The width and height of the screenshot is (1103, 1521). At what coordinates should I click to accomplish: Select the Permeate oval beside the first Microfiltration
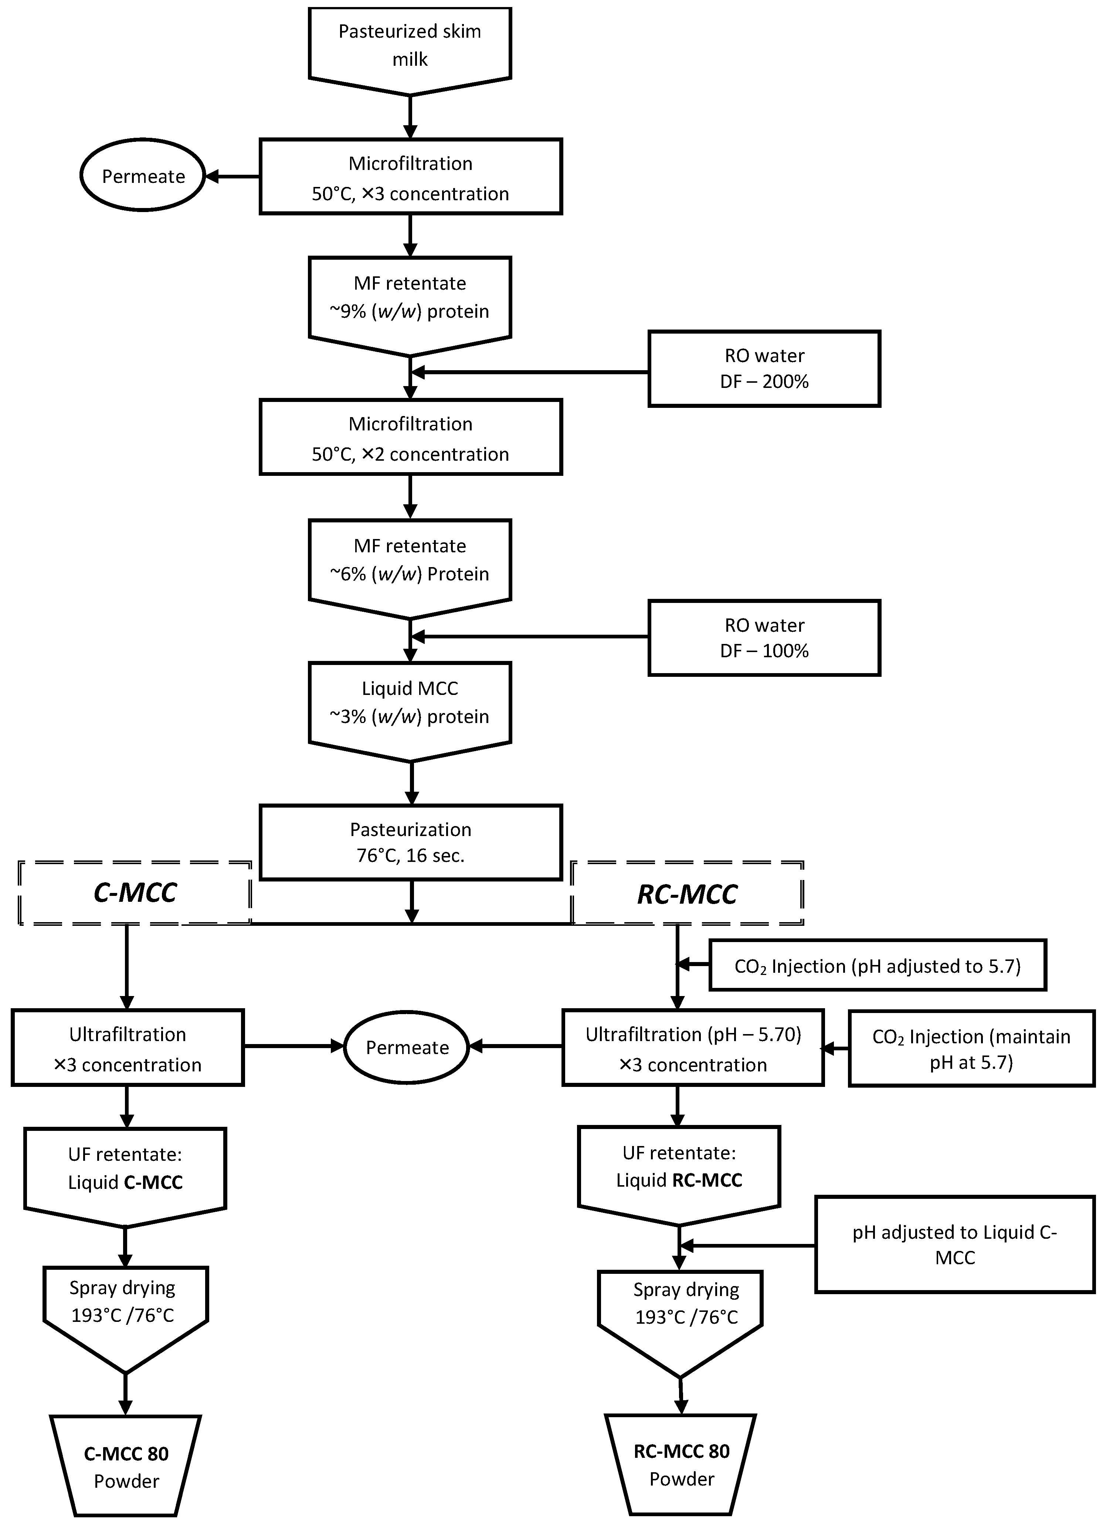[x=143, y=176]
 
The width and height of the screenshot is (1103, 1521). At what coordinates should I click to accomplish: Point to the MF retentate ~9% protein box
[x=410, y=299]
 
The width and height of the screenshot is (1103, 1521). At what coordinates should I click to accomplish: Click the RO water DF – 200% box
[x=764, y=369]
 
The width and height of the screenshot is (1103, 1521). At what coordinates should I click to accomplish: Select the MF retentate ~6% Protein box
[x=410, y=561]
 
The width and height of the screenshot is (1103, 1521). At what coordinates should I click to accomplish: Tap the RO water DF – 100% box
[x=764, y=638]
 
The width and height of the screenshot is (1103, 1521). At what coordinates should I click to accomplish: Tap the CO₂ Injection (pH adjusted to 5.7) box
[x=878, y=966]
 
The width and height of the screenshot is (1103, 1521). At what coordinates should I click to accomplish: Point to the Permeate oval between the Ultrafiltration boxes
[x=407, y=1047]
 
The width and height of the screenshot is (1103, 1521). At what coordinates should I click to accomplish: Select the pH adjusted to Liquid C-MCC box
[x=955, y=1245]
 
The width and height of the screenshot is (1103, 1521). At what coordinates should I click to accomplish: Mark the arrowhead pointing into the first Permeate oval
[x=212, y=176]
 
